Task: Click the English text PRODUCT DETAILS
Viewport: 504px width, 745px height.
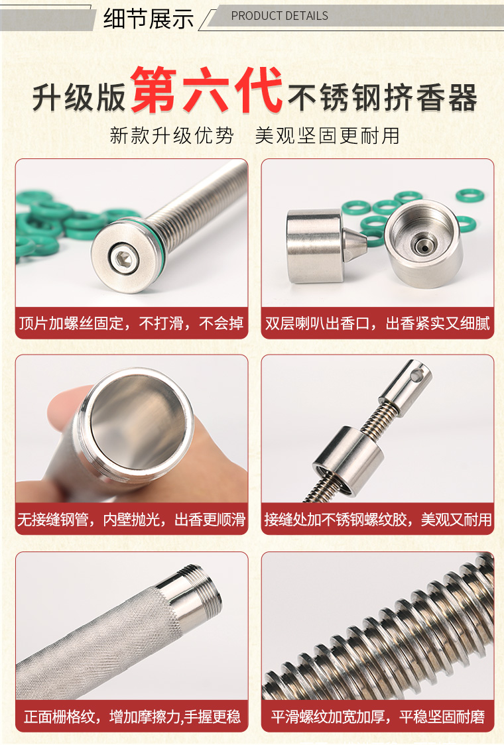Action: click(x=280, y=16)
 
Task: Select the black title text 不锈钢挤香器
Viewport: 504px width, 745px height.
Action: click(x=382, y=97)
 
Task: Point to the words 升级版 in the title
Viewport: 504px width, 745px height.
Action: click(x=79, y=97)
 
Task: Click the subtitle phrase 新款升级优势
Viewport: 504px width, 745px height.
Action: click(x=172, y=135)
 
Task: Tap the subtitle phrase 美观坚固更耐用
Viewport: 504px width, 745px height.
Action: click(x=327, y=135)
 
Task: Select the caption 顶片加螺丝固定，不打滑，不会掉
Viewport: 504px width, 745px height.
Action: click(x=131, y=323)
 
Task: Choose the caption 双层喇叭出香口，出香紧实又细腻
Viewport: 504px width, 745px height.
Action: click(x=377, y=323)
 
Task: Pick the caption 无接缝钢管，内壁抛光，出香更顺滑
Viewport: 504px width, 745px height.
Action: click(x=131, y=520)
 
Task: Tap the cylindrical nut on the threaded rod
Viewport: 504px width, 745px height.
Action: click(x=348, y=459)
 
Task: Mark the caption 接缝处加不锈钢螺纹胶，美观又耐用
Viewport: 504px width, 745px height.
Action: click(x=377, y=520)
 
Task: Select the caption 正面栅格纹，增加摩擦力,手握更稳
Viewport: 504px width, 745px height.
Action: click(x=132, y=716)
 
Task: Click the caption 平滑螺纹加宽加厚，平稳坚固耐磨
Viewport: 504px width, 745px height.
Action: click(x=377, y=716)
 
